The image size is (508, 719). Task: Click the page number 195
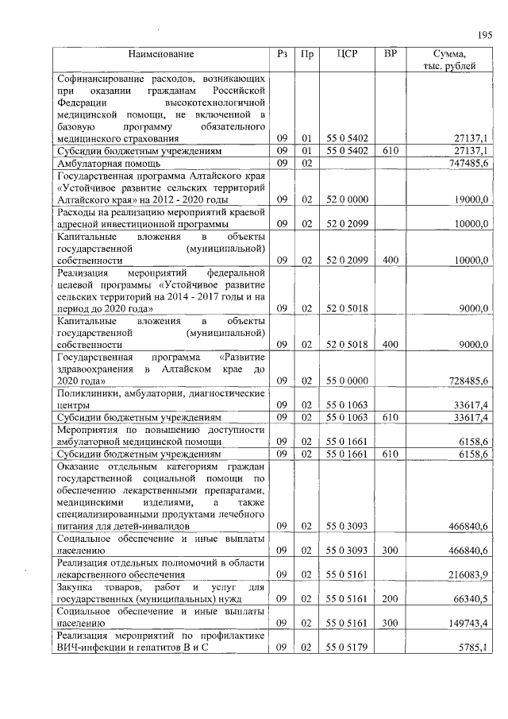tap(486, 34)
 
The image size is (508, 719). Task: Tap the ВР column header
tap(389, 54)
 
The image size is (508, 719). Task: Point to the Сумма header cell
tap(451, 60)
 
